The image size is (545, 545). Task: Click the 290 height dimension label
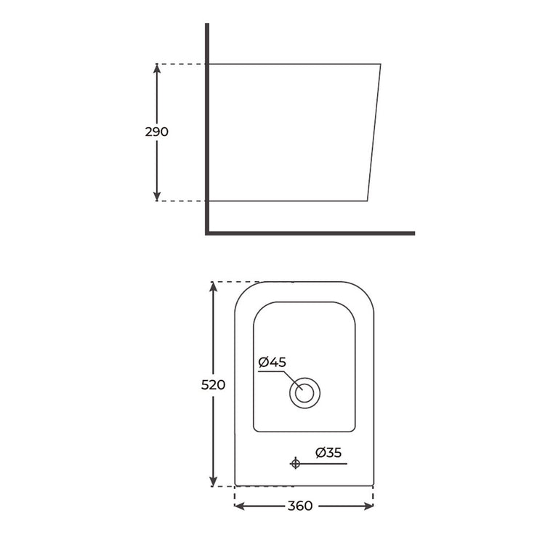pos(157,132)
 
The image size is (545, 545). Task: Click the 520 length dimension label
pos(213,384)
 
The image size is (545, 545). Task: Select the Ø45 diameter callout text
pos(272,361)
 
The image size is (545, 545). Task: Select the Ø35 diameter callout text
pos(328,453)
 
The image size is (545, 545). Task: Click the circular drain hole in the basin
pos(304,393)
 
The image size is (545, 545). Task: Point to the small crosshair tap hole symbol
pos(295,463)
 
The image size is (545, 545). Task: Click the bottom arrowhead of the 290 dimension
pos(157,195)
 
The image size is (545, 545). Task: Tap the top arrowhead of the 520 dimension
pos(213,287)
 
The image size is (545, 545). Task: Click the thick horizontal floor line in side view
pos(312,233)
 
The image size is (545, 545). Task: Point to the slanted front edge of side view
pos(375,131)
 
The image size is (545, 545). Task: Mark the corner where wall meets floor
pos(207,233)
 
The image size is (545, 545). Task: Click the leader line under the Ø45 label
pos(273,371)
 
